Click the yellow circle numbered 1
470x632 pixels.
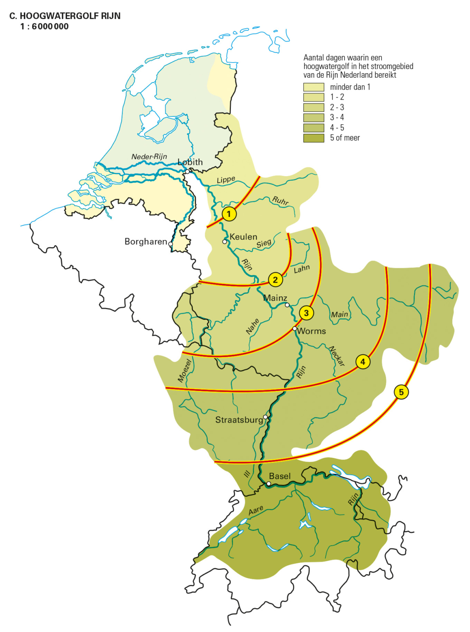(229, 214)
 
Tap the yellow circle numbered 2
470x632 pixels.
(275, 280)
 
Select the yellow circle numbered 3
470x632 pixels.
(306, 313)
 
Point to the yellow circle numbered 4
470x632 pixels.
(363, 362)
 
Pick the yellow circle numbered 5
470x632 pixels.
(401, 392)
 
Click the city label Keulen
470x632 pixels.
(243, 237)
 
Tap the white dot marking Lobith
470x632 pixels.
(187, 172)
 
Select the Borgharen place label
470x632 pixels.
(146, 242)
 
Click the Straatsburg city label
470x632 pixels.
(239, 420)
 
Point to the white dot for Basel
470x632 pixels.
(268, 484)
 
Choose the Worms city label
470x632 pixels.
(312, 331)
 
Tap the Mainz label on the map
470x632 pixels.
(275, 298)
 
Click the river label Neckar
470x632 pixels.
(337, 356)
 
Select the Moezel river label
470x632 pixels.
(185, 370)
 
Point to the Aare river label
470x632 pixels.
(256, 511)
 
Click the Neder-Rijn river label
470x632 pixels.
(149, 157)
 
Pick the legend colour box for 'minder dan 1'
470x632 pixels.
(314, 87)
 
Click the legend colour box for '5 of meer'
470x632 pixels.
(314, 138)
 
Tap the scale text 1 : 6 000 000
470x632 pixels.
(44, 27)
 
